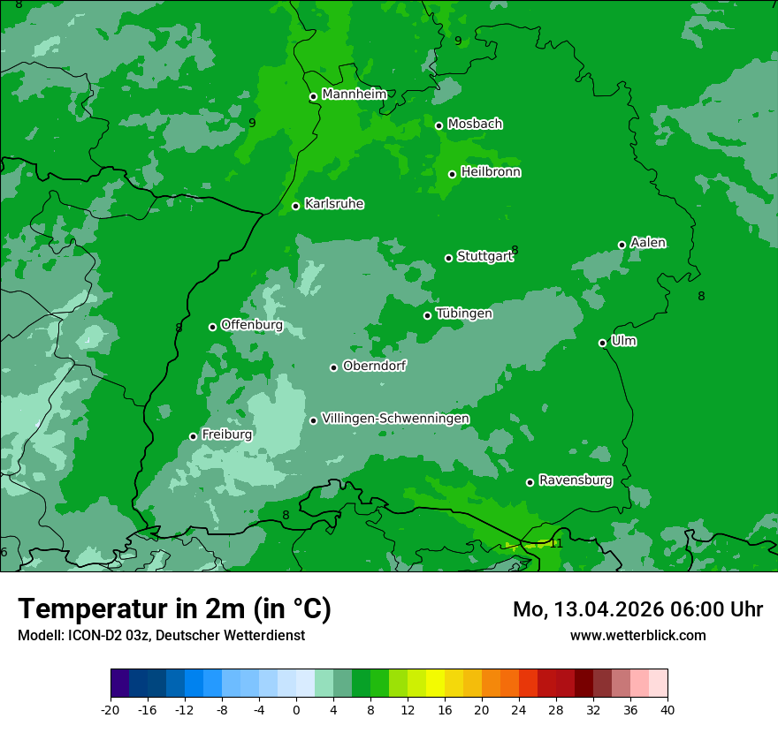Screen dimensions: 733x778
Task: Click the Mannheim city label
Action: [x=354, y=94]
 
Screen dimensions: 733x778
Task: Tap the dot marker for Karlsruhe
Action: [x=296, y=207]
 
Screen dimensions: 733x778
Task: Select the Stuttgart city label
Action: [x=484, y=257]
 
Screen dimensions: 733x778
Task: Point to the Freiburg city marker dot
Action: [x=194, y=436]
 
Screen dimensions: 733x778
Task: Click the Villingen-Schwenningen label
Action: [x=395, y=419]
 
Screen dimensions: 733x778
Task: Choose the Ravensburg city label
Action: [x=575, y=480]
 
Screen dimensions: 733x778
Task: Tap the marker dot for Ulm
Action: [x=603, y=343]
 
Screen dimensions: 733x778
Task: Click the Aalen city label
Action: [x=648, y=243]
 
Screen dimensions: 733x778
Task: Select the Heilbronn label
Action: [x=490, y=172]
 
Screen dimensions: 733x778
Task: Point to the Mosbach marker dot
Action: [x=439, y=125]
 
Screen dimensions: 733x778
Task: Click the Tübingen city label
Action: [x=463, y=314]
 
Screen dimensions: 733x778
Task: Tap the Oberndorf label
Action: [x=374, y=366]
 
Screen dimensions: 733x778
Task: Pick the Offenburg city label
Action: [x=251, y=325]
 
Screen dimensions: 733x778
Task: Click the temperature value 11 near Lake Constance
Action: [x=556, y=543]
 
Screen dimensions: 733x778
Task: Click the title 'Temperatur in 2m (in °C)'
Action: [x=174, y=609]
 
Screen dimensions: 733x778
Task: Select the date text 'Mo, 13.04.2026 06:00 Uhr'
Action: [x=637, y=609]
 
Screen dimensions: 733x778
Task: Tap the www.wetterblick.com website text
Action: [x=637, y=635]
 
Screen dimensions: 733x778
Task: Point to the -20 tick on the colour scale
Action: [x=111, y=709]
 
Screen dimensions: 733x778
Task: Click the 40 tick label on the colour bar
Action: [x=667, y=709]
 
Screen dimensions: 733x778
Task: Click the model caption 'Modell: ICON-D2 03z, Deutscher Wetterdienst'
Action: [x=161, y=635]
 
